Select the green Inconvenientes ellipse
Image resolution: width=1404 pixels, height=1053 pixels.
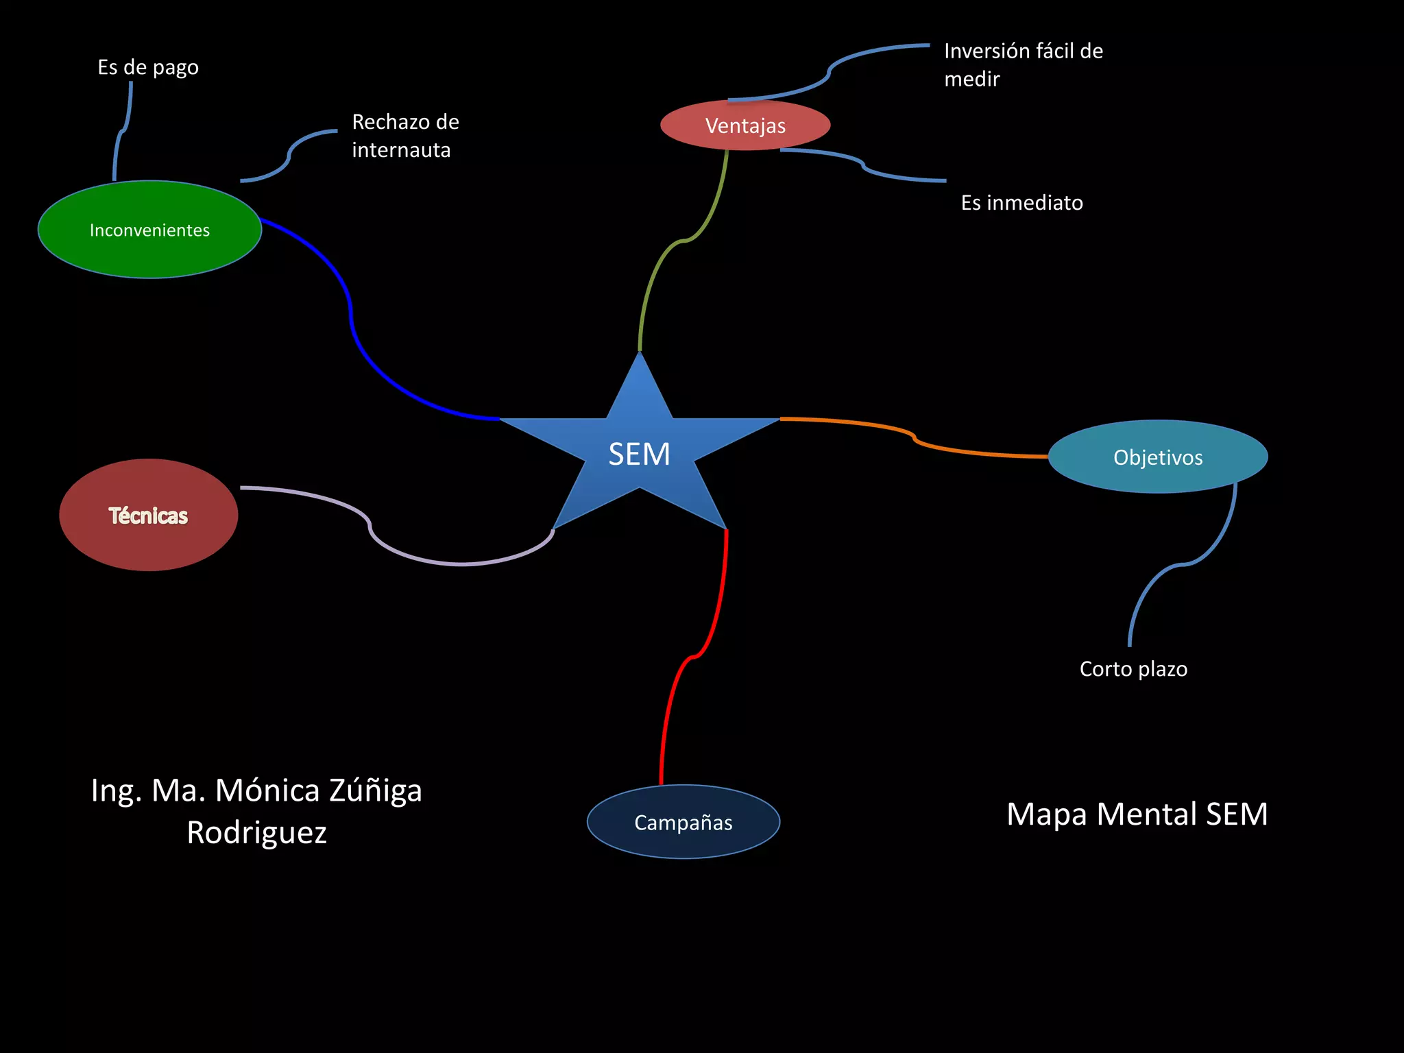pos(149,230)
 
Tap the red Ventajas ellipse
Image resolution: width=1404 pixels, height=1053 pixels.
pos(745,125)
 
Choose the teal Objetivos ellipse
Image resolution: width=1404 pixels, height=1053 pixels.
pos(1157,457)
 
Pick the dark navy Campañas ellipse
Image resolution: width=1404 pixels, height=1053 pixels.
pos(683,821)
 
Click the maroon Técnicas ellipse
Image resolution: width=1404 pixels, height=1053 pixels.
pos(148,515)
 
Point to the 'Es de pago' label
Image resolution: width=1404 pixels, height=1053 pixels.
pos(148,67)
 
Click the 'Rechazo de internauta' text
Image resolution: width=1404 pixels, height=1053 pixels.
pos(404,136)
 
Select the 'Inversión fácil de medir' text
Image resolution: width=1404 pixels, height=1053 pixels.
pos(1023,64)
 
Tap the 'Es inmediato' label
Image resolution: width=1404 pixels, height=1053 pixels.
pos(1021,203)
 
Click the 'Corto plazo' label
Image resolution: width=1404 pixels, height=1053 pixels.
pos(1133,668)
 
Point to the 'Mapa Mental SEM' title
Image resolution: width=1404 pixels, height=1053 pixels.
pos(1137,814)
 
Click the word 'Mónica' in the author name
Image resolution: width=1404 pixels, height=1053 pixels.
pos(267,790)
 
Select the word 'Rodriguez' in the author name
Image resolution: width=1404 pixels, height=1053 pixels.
pos(256,832)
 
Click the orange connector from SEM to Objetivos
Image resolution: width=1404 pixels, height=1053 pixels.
pos(915,437)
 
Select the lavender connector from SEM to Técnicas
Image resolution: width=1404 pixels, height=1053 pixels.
pos(371,528)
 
